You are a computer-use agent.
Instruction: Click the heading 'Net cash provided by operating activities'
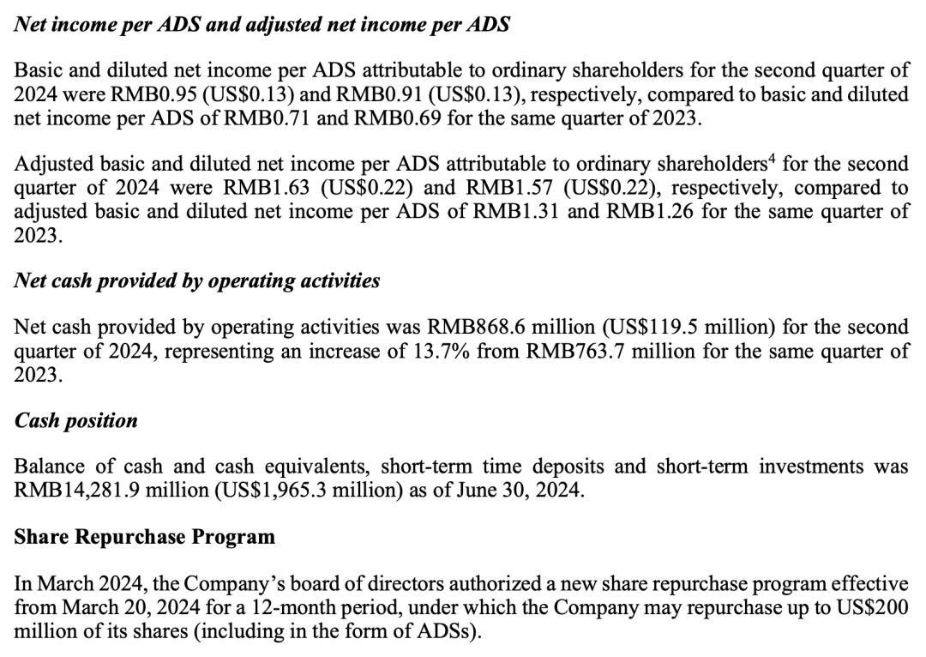tap(197, 281)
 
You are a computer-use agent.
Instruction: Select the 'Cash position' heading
tap(76, 421)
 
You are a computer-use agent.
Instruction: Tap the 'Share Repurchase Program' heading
tap(145, 538)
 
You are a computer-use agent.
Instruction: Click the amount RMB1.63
tap(257, 188)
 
